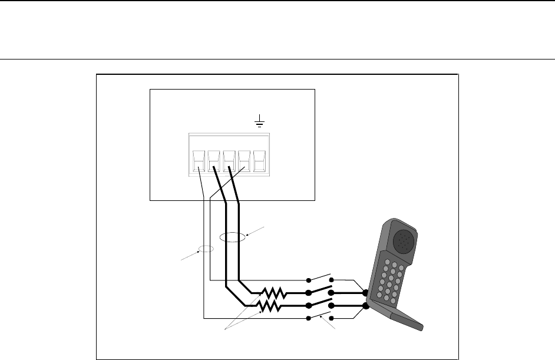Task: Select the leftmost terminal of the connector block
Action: pos(199,160)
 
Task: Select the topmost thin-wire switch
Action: pos(321,278)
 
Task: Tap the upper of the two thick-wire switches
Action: pos(321,290)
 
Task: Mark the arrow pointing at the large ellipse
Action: pos(256,231)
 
